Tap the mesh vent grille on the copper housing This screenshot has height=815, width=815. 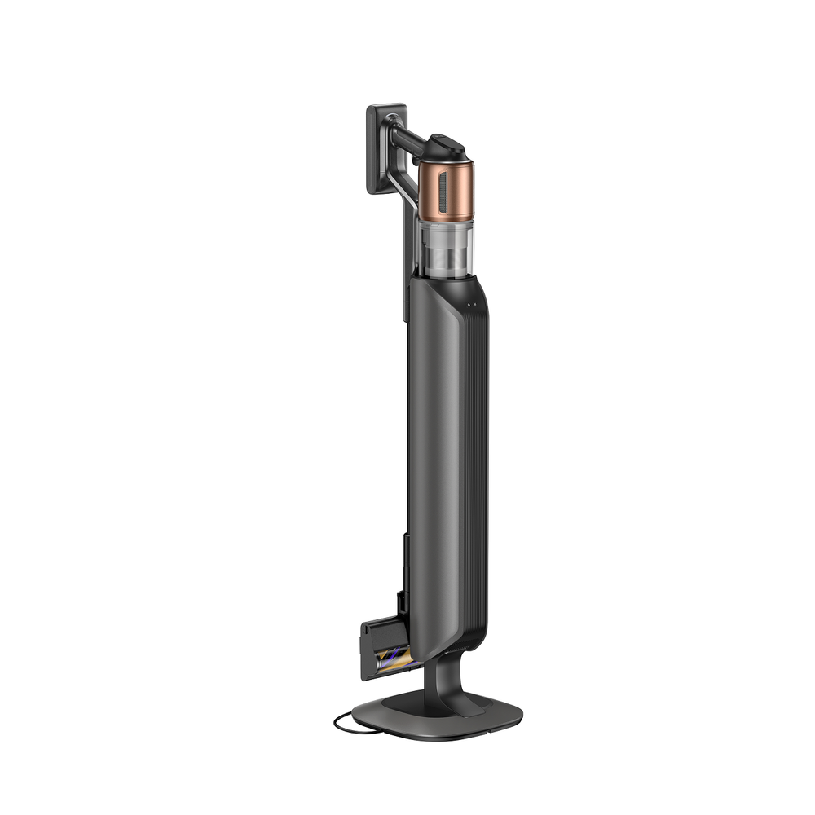[442, 188]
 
